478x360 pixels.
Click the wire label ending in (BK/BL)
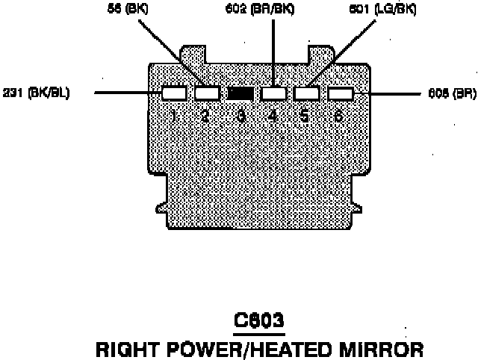pos(35,94)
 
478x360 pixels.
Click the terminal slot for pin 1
pos(173,94)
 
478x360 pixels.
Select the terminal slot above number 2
pos(207,94)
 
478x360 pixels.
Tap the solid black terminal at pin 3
pos(240,94)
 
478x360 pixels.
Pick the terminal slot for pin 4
pos(273,94)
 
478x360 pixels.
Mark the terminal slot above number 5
pos(306,94)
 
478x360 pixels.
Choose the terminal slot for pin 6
pos(340,94)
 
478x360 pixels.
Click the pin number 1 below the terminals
pos(173,117)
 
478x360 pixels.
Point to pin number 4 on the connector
pos(273,117)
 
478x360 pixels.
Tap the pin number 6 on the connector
pos(340,117)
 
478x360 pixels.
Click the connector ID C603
pos(258,321)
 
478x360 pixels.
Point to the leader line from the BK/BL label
pos(127,94)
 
